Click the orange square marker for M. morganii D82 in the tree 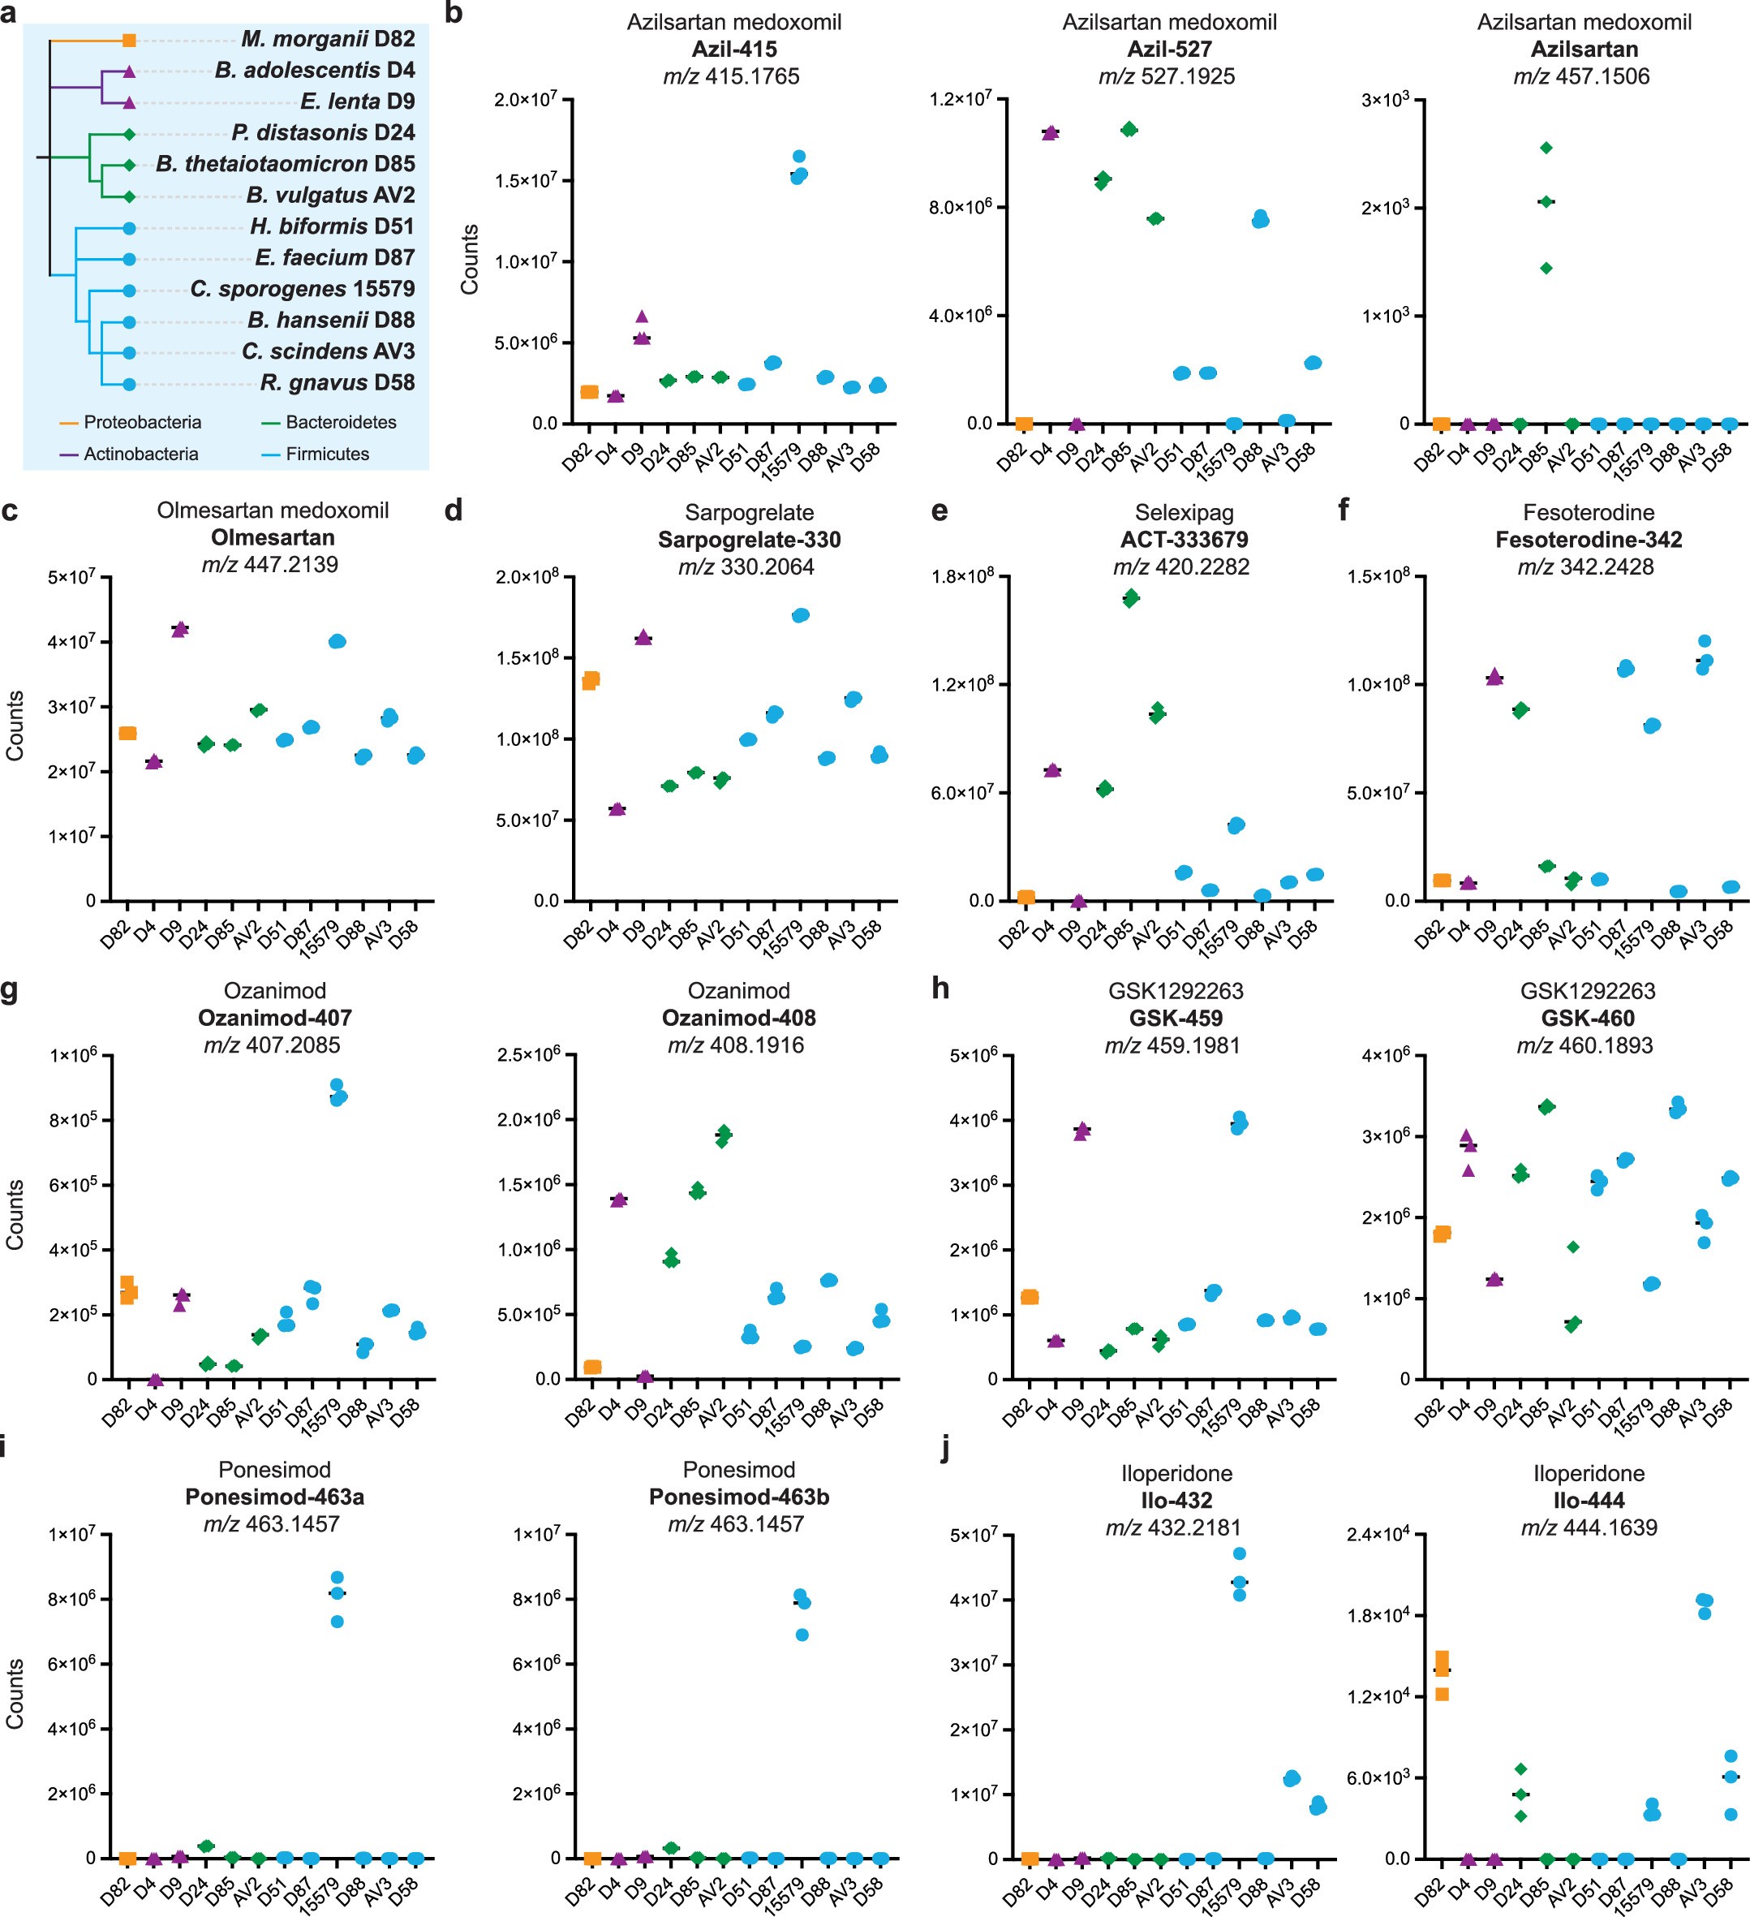(x=129, y=40)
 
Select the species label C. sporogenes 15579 (x=303, y=289)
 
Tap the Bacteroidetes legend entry (x=340, y=422)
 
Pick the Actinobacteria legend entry (x=140, y=454)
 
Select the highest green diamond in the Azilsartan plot (x=1546, y=148)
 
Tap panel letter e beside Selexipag (x=939, y=511)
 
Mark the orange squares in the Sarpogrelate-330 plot (x=591, y=680)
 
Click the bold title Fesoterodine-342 (x=1589, y=540)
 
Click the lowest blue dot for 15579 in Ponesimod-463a (x=337, y=1622)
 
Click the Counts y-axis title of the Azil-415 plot (x=470, y=259)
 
